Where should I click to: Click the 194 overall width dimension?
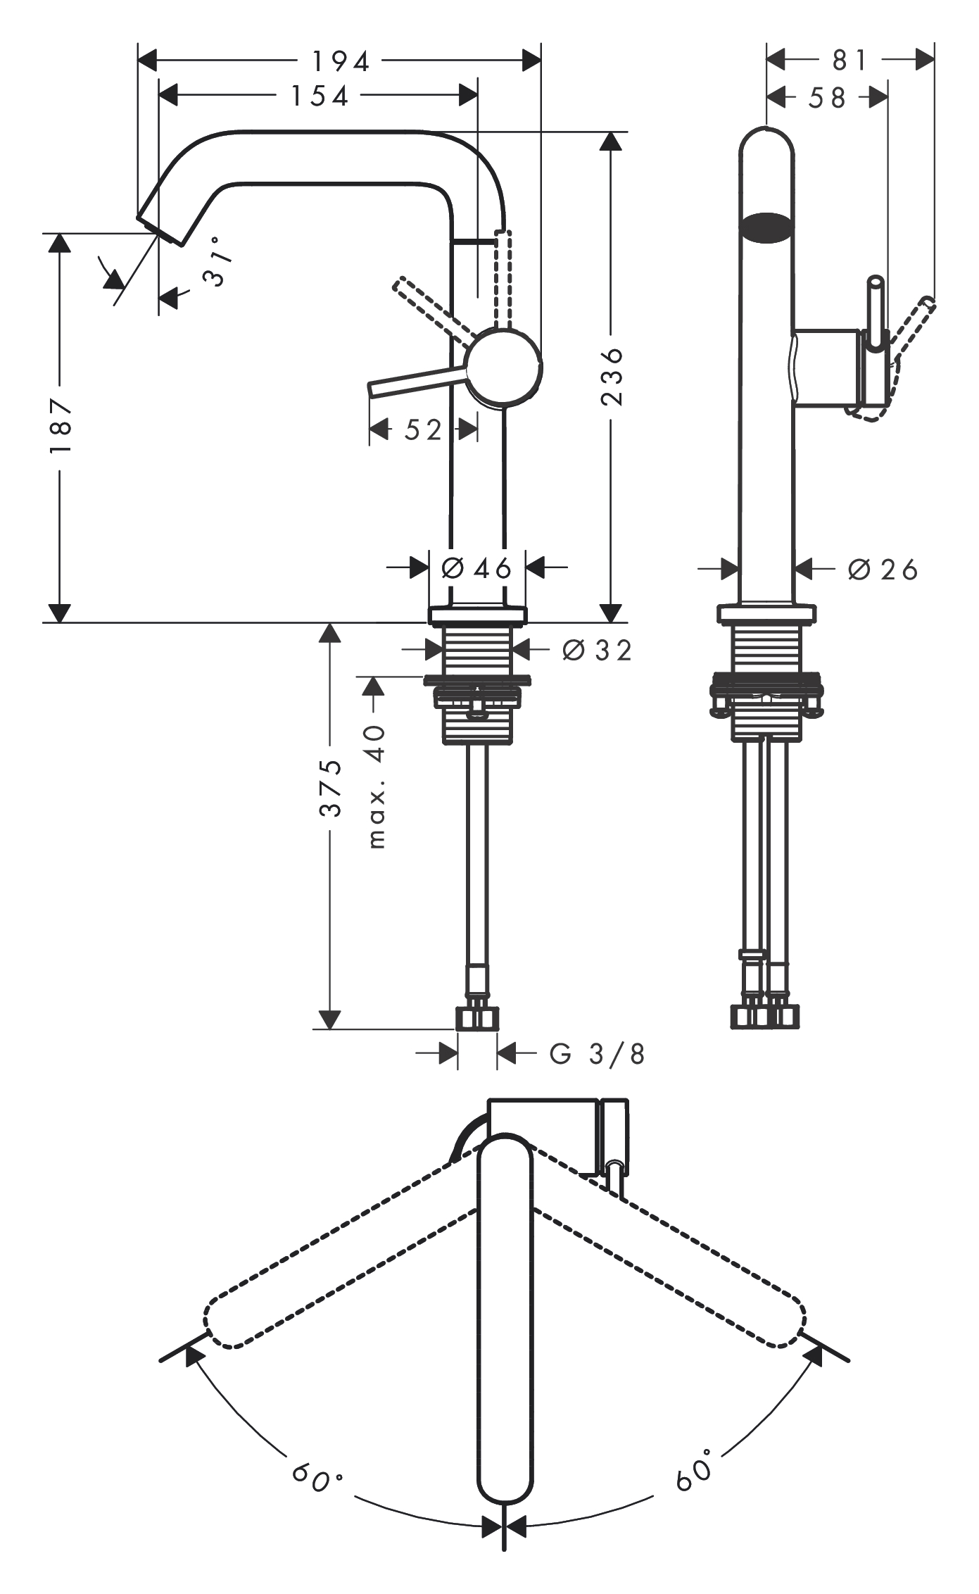click(341, 62)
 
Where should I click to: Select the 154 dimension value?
click(320, 96)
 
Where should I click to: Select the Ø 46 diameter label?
click(476, 567)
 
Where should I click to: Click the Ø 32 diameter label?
click(597, 651)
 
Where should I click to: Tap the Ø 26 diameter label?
click(883, 570)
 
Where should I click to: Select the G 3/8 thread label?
click(597, 1054)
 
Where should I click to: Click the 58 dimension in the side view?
click(827, 97)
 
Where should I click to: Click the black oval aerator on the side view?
click(767, 227)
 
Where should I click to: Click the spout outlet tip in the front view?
click(160, 226)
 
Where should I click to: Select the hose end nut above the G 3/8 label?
click(477, 1018)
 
